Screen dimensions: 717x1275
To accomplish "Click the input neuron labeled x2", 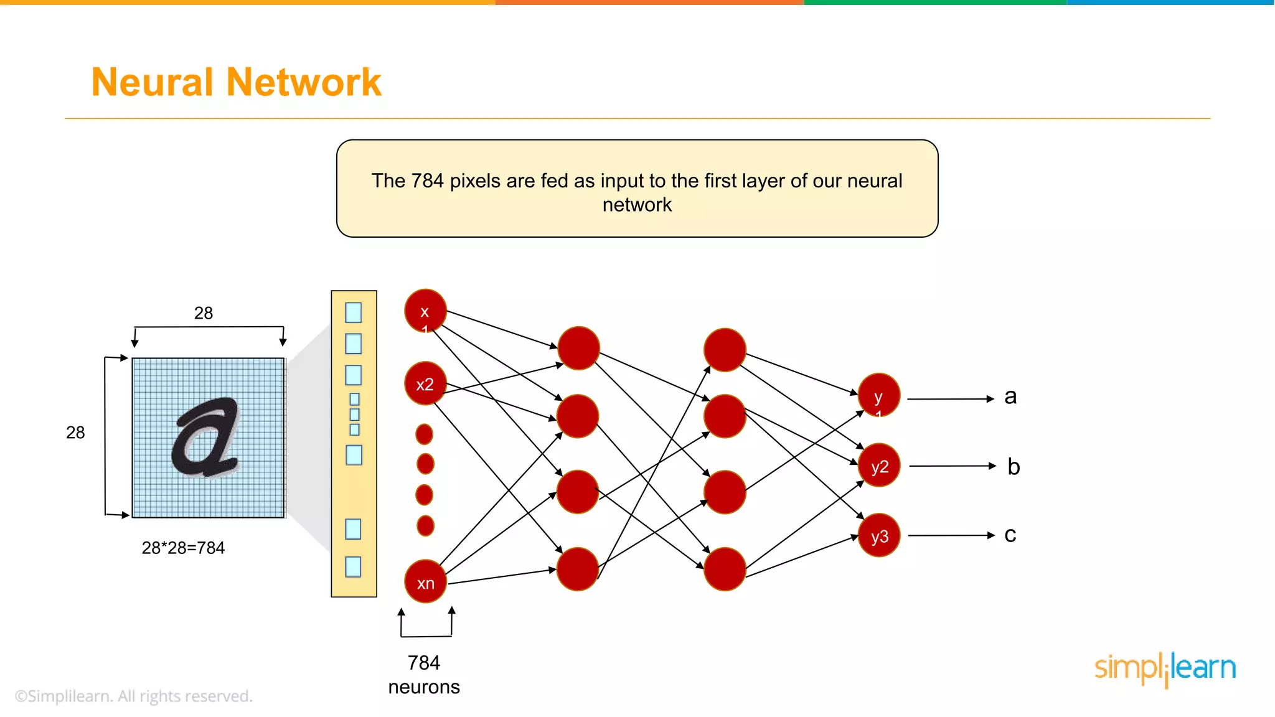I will (x=425, y=383).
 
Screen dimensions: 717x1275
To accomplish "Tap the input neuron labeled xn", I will (x=425, y=582).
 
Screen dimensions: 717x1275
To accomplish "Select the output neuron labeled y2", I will (x=879, y=466).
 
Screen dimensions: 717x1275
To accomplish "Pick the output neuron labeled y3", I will (x=879, y=535).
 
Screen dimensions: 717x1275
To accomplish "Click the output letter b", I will (x=1014, y=467).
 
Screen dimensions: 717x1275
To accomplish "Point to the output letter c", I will (x=1010, y=535).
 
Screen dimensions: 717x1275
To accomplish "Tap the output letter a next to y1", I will (x=1010, y=397).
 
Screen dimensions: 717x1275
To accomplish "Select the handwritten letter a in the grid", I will (x=205, y=437).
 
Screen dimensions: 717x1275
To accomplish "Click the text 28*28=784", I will (x=183, y=548).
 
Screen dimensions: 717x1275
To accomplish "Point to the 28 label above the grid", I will (x=204, y=313).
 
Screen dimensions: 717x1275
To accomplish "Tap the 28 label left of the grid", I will (x=75, y=433).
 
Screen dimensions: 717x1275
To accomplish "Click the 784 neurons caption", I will (x=424, y=675).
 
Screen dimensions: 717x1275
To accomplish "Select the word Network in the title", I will (x=304, y=82).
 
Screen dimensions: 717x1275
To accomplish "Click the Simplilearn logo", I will (x=1165, y=669).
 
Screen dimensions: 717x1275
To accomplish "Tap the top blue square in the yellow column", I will (x=353, y=312).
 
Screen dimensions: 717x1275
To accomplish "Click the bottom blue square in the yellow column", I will (x=353, y=566).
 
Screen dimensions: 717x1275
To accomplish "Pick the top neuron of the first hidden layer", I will (x=578, y=348).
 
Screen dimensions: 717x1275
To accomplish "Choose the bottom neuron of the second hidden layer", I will (x=725, y=569).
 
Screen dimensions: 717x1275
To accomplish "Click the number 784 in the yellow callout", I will (x=427, y=181).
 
